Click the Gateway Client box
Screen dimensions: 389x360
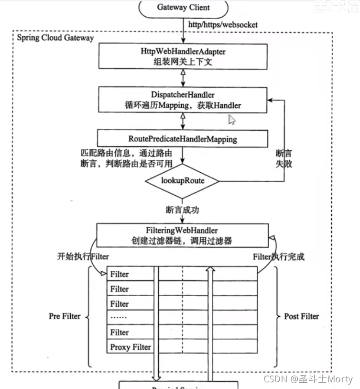183,8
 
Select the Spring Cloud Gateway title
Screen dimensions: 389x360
55,37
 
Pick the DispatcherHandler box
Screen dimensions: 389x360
183,100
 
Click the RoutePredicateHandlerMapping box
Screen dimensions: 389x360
183,139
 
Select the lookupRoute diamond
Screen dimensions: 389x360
182,181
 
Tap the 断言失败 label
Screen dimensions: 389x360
284,158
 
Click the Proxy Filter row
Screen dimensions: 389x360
130,347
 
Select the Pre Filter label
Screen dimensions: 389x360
65,316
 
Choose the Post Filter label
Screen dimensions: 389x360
301,316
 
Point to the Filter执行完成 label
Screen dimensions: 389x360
278,257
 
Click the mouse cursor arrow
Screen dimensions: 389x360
231,120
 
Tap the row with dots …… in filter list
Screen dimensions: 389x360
130,318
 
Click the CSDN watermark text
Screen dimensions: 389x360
308,379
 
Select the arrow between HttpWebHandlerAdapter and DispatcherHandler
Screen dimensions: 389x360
183,77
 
